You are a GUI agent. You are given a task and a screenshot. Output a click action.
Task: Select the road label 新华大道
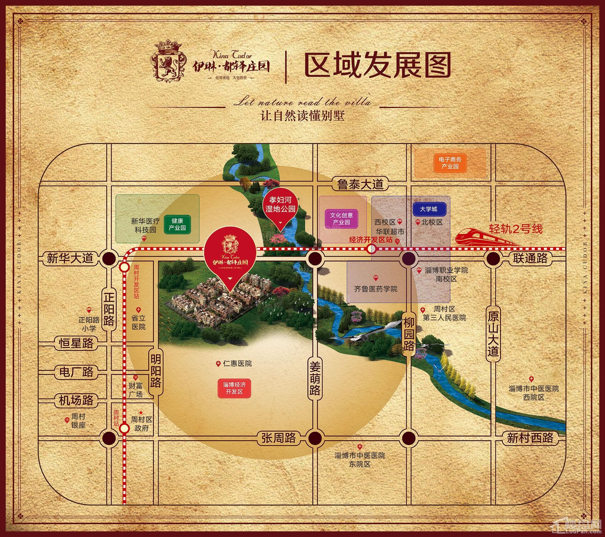point(70,259)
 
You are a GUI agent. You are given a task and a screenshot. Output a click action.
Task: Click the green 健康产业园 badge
point(177,224)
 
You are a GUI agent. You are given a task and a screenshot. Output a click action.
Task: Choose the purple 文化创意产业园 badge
point(341,219)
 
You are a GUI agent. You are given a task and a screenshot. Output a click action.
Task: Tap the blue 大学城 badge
point(428,209)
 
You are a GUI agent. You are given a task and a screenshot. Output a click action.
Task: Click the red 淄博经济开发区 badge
point(234,388)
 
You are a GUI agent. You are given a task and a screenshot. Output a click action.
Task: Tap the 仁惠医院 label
point(237,364)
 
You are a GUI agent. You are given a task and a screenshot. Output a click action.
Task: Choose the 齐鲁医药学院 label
point(376,289)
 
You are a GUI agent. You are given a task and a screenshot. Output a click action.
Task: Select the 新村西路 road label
point(530,438)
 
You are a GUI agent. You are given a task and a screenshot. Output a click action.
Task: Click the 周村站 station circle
point(124,428)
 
